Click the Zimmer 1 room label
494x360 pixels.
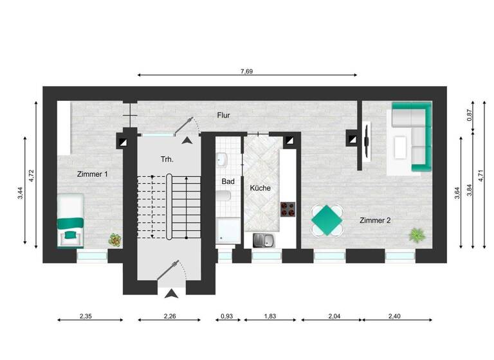[x=93, y=174]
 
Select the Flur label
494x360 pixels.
[x=223, y=116]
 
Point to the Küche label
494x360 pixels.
[x=261, y=188]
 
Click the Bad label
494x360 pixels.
[x=228, y=182]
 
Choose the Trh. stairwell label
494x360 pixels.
[x=167, y=158]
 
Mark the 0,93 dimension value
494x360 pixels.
[x=226, y=316]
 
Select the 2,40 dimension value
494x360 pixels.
[x=394, y=316]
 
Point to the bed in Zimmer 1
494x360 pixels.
[x=70, y=219]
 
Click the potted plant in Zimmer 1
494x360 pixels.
[x=115, y=240]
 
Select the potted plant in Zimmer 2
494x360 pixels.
[x=417, y=235]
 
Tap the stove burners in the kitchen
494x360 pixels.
[x=287, y=209]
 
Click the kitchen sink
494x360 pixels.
[x=264, y=240]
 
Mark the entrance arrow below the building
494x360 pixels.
[x=172, y=294]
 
